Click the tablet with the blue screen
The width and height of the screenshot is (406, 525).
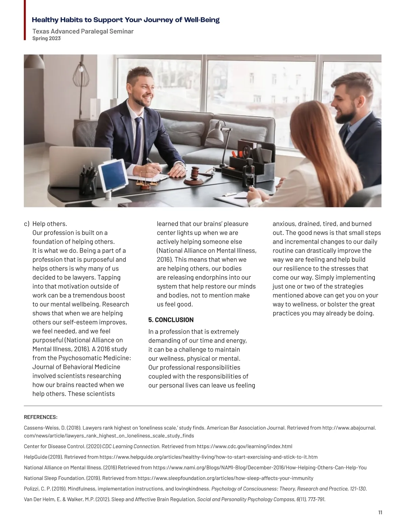pos(112,174)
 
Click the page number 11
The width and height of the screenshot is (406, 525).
pos(380,512)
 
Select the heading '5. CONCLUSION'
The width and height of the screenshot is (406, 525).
pos(171,320)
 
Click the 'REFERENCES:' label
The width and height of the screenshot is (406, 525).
pos(41,417)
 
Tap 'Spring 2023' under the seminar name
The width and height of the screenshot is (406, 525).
pos(46,39)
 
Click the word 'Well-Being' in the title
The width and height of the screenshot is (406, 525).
pos(202,20)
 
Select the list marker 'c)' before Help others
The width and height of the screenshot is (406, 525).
pos(27,224)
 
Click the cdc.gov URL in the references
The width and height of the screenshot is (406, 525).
pos(244,446)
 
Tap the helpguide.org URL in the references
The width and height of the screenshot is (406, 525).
pos(208,457)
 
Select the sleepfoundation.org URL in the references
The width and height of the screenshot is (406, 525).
pos(225,478)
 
